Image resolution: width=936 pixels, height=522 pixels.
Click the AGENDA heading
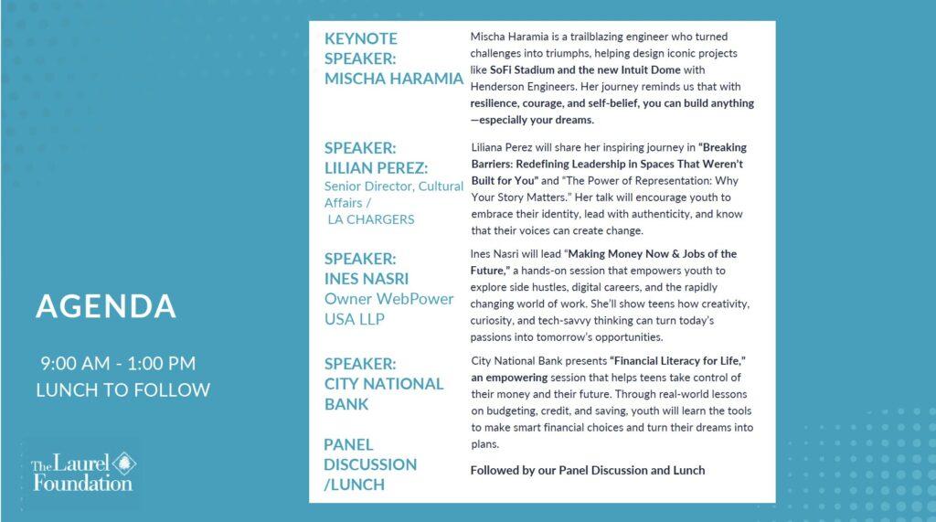[105, 306]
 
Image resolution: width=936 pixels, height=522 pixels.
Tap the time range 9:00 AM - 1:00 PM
[117, 364]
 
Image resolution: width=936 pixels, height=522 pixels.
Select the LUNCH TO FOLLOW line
[122, 390]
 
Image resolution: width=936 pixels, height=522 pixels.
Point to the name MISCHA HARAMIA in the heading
[394, 79]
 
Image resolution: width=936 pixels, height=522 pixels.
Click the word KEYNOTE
[361, 38]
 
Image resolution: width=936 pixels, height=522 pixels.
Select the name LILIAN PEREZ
[377, 165]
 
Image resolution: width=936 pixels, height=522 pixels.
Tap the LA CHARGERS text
[372, 219]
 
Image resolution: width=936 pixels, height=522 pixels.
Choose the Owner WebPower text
[389, 299]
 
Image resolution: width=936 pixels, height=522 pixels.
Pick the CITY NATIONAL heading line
[384, 383]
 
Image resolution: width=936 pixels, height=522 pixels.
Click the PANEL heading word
[348, 444]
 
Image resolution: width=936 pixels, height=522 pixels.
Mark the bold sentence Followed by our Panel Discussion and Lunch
[588, 470]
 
